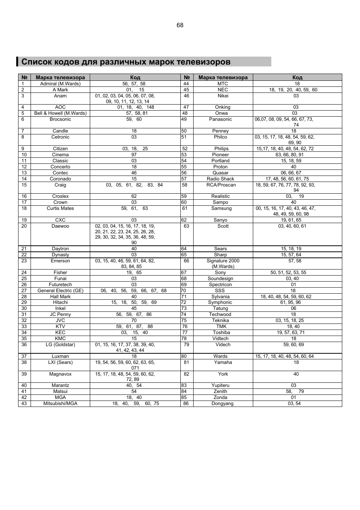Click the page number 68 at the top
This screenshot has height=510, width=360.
pyautogui.click(x=180, y=25)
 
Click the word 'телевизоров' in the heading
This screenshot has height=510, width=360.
pyautogui.click(x=203, y=62)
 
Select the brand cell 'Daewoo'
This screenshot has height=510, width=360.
pyautogui.click(x=60, y=226)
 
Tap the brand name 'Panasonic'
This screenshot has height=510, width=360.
pyautogui.click(x=220, y=119)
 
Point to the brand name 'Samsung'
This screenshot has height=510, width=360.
pyautogui.click(x=222, y=208)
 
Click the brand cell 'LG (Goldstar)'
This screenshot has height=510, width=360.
pyautogui.click(x=60, y=345)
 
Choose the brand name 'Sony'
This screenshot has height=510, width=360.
pyautogui.click(x=220, y=273)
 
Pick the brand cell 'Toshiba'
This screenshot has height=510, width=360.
pyautogui.click(x=221, y=333)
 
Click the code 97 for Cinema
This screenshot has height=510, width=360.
pyautogui.click(x=134, y=155)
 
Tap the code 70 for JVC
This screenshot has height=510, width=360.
pyautogui.click(x=134, y=320)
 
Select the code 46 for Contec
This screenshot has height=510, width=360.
pyautogui.click(x=134, y=173)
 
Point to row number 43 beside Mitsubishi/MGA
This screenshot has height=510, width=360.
pyautogui.click(x=24, y=404)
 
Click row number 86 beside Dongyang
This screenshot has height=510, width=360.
pyautogui.click(x=186, y=404)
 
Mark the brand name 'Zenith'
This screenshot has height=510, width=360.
pyautogui.click(x=220, y=391)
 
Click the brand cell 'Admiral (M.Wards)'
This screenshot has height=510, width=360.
pyautogui.click(x=60, y=84)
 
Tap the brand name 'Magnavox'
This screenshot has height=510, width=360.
pyautogui.click(x=60, y=374)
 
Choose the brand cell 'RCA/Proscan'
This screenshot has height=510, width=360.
pyautogui.click(x=221, y=185)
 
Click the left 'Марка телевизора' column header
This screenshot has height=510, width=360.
pyautogui.click(x=60, y=77)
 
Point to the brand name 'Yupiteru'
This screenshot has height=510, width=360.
pyautogui.click(x=220, y=385)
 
